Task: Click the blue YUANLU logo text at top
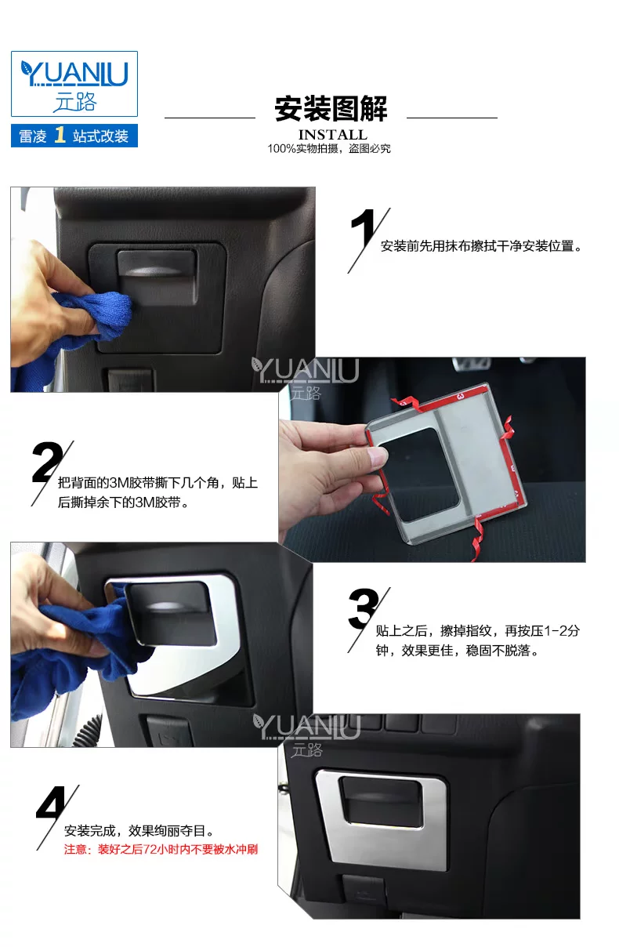click(x=74, y=74)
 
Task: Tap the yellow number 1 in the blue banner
click(x=60, y=136)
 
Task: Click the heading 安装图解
click(x=331, y=109)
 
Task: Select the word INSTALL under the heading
click(x=332, y=134)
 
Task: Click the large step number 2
click(x=47, y=462)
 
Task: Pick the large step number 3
click(x=363, y=609)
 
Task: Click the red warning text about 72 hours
click(x=161, y=849)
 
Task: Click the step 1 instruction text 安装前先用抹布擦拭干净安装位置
click(x=481, y=245)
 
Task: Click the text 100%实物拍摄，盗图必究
click(x=329, y=148)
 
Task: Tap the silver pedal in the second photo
click(x=471, y=363)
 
